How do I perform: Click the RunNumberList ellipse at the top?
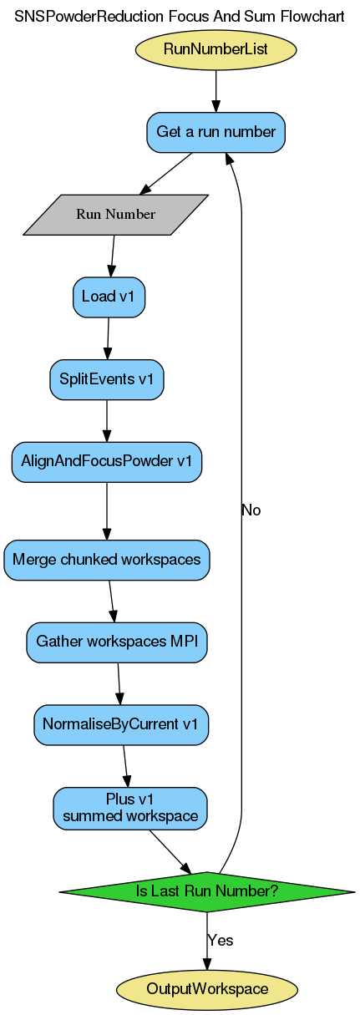tap(215, 49)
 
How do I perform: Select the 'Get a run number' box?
tap(215, 131)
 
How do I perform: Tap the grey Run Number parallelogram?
tap(115, 214)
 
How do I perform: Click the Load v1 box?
tap(109, 297)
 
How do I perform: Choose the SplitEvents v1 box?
tap(106, 379)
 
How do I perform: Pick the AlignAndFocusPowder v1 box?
tap(106, 461)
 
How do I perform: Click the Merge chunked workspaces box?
tap(107, 560)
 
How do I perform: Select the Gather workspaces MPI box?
tap(117, 642)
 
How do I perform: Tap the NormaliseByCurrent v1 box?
tap(121, 724)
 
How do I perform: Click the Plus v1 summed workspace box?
tap(129, 807)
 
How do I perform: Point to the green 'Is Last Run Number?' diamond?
tap(206, 891)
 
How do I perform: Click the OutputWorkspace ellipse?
tap(206, 989)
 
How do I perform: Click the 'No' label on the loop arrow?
tap(251, 510)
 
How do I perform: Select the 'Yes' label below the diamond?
tap(220, 940)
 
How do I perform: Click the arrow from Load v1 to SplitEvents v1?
tap(108, 338)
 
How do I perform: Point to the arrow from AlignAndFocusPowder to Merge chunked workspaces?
tap(106, 510)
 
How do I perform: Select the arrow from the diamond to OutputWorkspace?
tap(206, 940)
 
